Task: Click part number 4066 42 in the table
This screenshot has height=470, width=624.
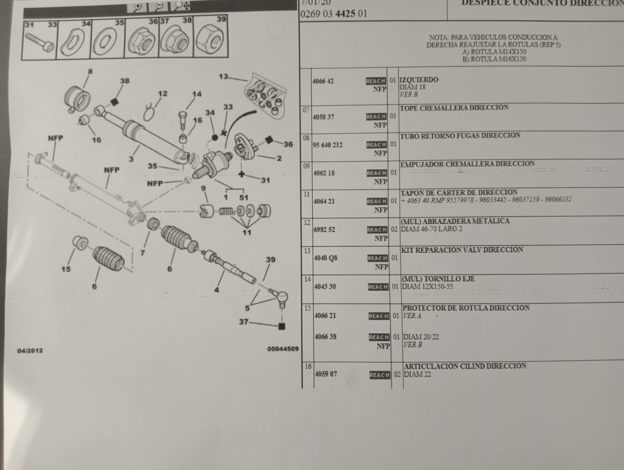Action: [323, 81]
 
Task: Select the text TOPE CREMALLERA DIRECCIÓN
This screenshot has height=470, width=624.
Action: [454, 108]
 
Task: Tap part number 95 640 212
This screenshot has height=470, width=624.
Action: [327, 145]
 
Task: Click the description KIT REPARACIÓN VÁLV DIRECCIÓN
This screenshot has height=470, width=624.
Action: [462, 250]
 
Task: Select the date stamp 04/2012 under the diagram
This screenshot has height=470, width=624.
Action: [30, 351]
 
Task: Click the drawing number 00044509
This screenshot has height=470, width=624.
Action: [283, 349]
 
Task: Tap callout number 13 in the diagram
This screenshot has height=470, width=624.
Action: [223, 76]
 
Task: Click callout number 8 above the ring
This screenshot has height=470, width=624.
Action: [90, 72]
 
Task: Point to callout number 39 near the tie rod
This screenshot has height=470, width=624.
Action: [270, 259]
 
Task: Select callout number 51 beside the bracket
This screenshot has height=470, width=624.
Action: [244, 197]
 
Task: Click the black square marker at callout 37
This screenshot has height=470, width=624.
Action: [282, 326]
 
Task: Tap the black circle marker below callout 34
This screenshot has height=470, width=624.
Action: [215, 138]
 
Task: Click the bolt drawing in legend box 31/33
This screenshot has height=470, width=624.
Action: [40, 43]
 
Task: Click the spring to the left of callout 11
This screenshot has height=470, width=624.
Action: [226, 211]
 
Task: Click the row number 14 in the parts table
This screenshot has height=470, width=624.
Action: [307, 279]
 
